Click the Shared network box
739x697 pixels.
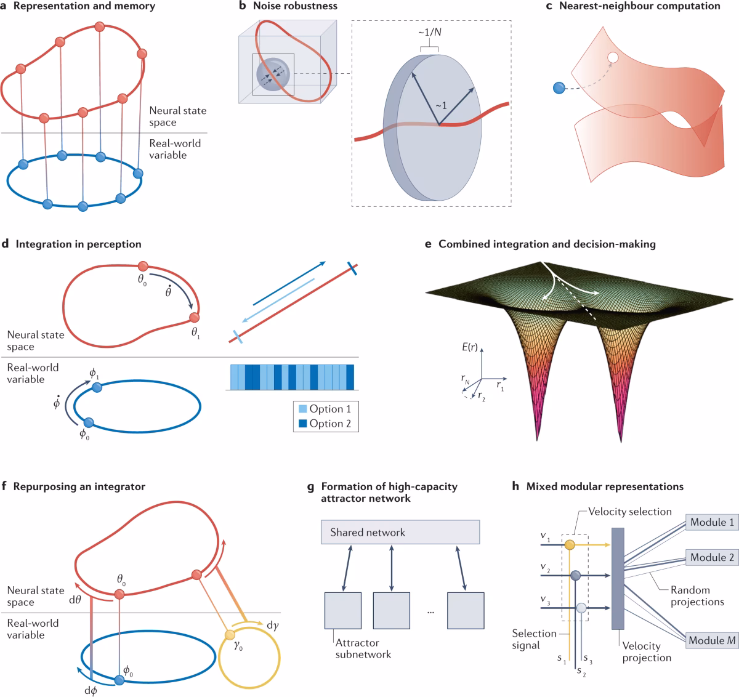tap(400, 532)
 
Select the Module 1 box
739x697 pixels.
tap(712, 522)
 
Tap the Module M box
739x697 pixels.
tap(712, 640)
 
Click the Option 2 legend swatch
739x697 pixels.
tap(303, 424)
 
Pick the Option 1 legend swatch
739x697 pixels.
tap(303, 409)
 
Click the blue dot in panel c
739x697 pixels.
tap(559, 88)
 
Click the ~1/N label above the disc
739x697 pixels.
tap(429, 32)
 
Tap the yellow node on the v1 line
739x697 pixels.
tap(570, 546)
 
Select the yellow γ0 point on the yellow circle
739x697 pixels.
tap(230, 635)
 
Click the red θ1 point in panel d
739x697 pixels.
tap(195, 318)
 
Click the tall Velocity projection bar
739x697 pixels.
tap(618, 579)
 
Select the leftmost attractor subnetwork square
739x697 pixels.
tap(342, 610)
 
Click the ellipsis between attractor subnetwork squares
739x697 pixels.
tap(430, 611)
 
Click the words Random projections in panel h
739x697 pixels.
tap(697, 596)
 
